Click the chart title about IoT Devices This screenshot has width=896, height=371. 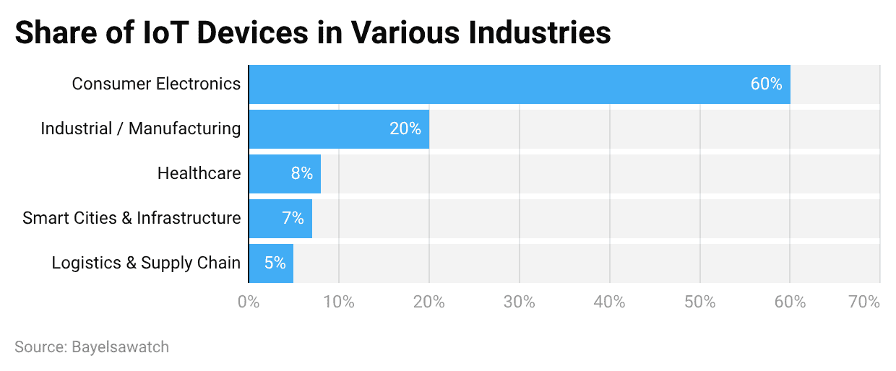[x=312, y=33]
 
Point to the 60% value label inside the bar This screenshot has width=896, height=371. [x=766, y=84]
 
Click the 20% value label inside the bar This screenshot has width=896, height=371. [x=405, y=129]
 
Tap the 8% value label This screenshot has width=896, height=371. [x=301, y=174]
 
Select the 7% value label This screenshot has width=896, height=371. [x=293, y=219]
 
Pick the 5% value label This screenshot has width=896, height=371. [x=275, y=263]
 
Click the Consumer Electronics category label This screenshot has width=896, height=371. [x=156, y=84]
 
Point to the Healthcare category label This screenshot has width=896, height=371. [x=199, y=174]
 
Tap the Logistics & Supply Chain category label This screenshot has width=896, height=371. [x=146, y=263]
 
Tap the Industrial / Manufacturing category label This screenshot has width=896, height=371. [x=140, y=129]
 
